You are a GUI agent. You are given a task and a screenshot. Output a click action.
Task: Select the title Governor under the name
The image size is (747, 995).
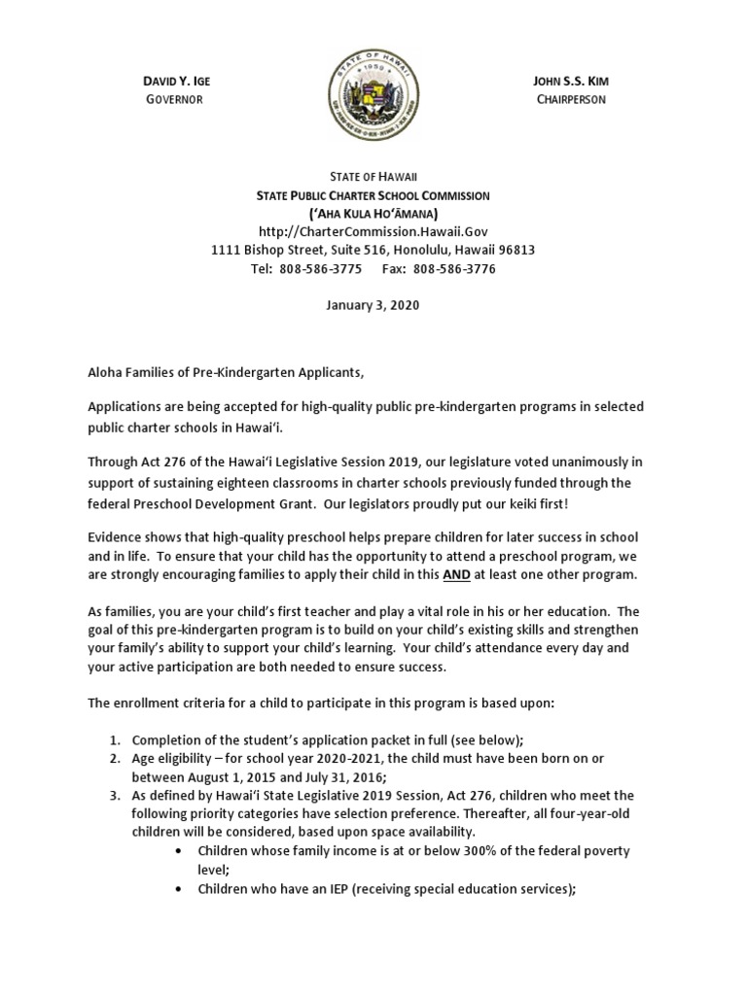point(173,99)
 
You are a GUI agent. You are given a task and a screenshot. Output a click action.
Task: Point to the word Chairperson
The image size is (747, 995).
point(570,99)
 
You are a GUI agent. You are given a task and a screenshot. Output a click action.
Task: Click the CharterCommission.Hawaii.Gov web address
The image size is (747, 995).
point(373,231)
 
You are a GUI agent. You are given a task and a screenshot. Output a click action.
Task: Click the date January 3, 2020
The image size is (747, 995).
point(373,306)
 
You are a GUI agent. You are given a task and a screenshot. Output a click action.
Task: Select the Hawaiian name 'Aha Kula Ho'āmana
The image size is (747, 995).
point(373,213)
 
